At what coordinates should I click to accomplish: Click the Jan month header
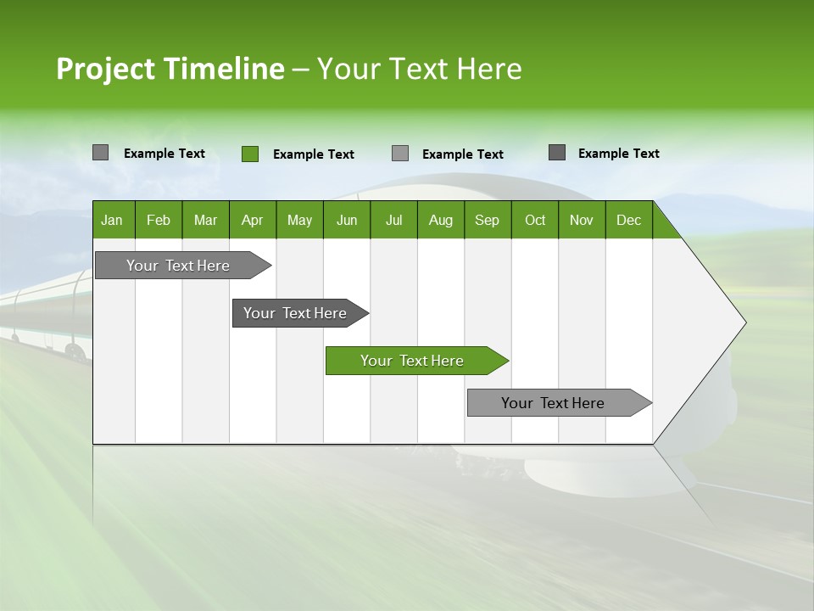coord(112,220)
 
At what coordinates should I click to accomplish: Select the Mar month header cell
coord(205,220)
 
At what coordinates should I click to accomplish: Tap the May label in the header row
coord(299,220)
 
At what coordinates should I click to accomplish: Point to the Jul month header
coord(393,220)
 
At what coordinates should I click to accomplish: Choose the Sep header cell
coord(487,220)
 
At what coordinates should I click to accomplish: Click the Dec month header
coord(628,220)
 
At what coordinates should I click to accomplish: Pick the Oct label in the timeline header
coord(535,220)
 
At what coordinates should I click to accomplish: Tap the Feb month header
coord(159,220)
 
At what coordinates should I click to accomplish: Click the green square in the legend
coord(250,154)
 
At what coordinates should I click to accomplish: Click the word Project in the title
coord(105,69)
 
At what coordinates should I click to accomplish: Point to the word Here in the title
coord(489,69)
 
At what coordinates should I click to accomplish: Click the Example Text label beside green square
coord(313,154)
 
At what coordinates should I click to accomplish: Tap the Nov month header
coord(582,220)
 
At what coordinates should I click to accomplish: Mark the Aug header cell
coord(440,220)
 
